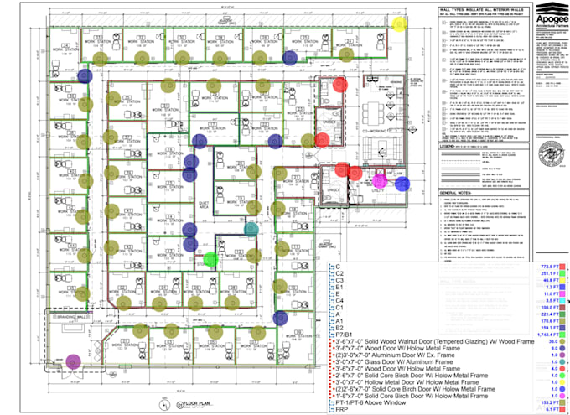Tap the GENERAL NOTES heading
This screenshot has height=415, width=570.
[458, 192]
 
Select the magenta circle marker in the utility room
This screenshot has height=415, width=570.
[379, 180]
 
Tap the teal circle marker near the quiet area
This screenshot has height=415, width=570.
[251, 228]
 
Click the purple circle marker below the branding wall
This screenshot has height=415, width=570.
[73, 361]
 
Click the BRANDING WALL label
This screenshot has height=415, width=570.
[71, 319]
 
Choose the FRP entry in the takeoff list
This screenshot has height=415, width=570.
[341, 409]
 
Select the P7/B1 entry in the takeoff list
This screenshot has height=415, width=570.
[345, 334]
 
